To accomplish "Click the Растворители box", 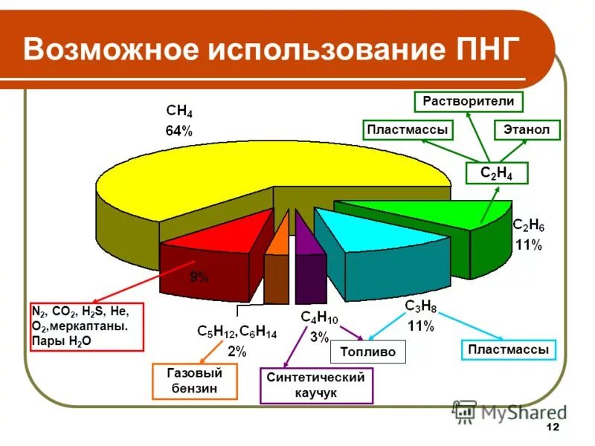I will coord(469,101).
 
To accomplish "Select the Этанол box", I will coord(527,130).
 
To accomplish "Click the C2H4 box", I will coord(497,172).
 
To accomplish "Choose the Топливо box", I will coord(368,352).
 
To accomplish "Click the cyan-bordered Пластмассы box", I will coord(509,349).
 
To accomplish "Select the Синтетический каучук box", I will coord(316,385).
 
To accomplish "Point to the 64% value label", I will coord(178,132).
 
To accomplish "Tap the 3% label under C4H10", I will coord(319,336).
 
